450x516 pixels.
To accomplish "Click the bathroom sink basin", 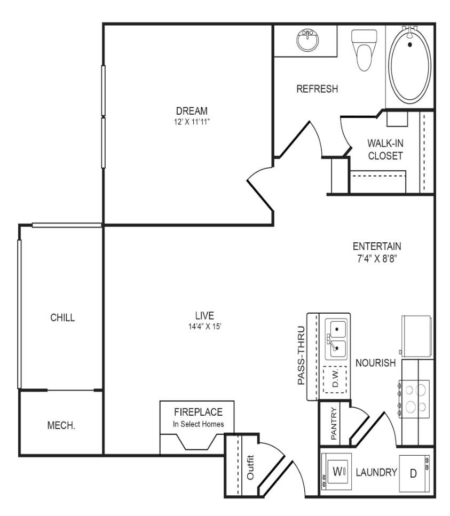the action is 308,41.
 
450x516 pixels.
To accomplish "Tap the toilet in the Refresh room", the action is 364,50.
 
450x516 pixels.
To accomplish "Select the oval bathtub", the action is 410,65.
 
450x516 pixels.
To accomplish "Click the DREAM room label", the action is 192,110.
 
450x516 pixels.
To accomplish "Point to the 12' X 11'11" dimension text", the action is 192,122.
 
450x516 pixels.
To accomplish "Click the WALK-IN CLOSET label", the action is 385,149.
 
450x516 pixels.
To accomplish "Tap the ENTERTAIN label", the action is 377,246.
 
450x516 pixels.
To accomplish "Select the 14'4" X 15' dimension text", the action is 204,327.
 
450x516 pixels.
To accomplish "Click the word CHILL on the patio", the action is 62,317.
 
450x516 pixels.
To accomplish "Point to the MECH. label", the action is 61,425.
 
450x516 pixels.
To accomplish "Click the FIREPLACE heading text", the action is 198,412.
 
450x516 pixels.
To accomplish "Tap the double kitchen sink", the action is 336,339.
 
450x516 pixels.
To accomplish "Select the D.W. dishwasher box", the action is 335,379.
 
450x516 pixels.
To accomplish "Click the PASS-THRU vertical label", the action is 301,355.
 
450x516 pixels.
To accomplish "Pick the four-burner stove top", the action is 414,399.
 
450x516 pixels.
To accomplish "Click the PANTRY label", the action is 334,424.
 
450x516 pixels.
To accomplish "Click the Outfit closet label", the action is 250,467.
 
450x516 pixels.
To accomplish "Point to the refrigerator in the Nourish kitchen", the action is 416,336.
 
